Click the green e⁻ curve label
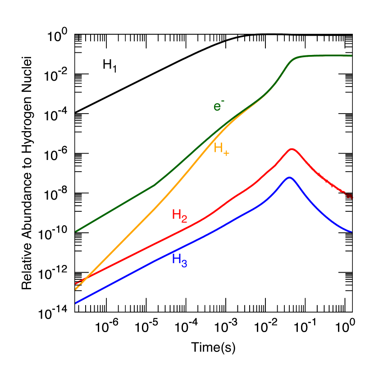point(219,106)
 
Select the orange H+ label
point(221,148)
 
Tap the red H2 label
point(179,215)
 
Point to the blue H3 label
point(179,260)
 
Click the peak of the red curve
point(292,149)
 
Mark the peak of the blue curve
point(289,177)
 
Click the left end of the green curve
point(75,231)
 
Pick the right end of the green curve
point(351,56)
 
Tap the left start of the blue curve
point(75,303)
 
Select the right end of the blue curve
point(351,232)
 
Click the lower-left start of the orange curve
point(75,289)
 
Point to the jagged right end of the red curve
point(349,196)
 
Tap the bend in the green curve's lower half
point(155,185)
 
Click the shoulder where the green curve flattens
point(295,59)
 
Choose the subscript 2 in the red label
point(184,219)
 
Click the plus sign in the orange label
point(226,153)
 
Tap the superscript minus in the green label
point(223,101)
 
